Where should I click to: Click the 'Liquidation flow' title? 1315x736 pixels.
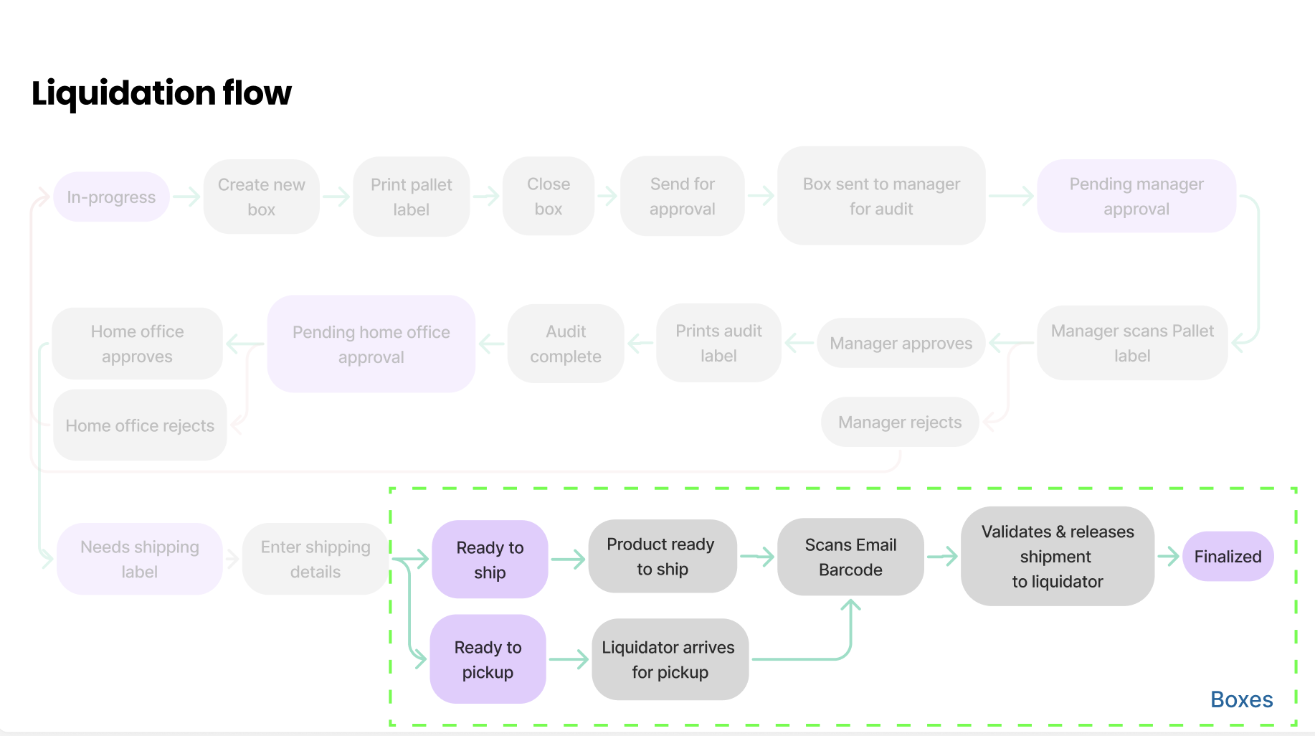[161, 93]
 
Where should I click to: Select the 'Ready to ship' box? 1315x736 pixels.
[490, 560]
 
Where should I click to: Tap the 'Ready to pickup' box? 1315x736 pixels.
[488, 659]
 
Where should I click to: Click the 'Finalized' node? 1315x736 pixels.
[1228, 557]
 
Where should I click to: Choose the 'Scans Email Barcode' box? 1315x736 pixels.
[850, 557]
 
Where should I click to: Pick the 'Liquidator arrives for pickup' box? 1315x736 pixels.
[670, 659]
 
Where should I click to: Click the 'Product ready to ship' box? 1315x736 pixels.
[662, 557]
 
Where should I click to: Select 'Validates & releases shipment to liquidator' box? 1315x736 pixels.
[1057, 557]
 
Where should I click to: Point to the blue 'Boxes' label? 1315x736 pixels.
[1241, 699]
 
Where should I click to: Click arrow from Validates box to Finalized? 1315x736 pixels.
[1168, 556]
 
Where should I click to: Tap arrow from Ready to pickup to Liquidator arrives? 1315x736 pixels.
[569, 659]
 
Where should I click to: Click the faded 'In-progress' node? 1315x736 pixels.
[111, 197]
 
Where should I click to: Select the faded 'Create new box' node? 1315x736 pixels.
[261, 197]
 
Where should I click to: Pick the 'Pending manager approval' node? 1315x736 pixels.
[1136, 197]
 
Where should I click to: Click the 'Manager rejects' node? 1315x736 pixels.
[899, 423]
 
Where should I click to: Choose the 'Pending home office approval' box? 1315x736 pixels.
[371, 344]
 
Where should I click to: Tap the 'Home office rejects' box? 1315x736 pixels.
[140, 425]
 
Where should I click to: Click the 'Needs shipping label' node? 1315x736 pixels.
[140, 560]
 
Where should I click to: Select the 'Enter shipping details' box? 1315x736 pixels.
[315, 560]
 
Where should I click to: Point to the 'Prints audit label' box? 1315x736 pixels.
[718, 344]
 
